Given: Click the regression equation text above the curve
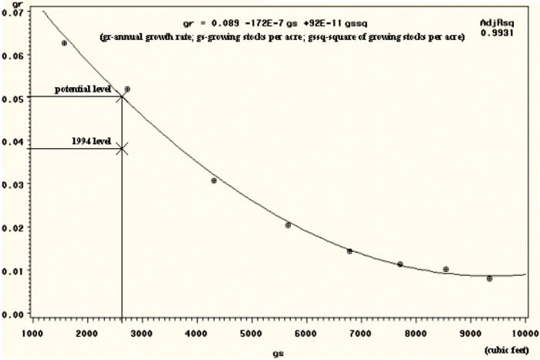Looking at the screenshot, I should pyautogui.click(x=260, y=23).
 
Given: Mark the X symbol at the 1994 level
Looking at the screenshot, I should pyautogui.click(x=122, y=148).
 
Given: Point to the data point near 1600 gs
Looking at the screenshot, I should pyautogui.click(x=64, y=43).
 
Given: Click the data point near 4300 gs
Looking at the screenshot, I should pyautogui.click(x=214, y=180).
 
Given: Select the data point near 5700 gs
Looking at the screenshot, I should pyautogui.click(x=288, y=225).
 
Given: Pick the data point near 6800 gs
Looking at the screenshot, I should pyautogui.click(x=349, y=251).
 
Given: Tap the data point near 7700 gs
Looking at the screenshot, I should pyautogui.click(x=400, y=264).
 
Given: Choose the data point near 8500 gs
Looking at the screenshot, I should pyautogui.click(x=446, y=269).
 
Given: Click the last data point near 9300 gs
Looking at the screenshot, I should pyautogui.click(x=489, y=278).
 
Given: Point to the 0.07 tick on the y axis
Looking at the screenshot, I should pyautogui.click(x=15, y=12).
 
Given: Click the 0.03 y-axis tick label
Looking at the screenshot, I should pyautogui.click(x=15, y=184).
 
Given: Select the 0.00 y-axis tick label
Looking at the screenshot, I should pyautogui.click(x=15, y=315).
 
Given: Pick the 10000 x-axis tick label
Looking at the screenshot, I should pyautogui.click(x=525, y=333).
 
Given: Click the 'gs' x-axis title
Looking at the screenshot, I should pyautogui.click(x=277, y=352).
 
